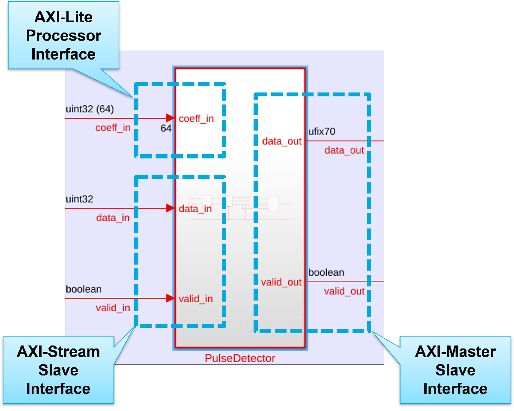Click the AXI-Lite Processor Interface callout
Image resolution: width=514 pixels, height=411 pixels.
pyautogui.click(x=63, y=36)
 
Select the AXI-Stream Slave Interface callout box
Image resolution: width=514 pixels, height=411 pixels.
pyautogui.click(x=58, y=370)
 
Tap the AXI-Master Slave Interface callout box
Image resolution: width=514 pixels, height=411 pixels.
pyautogui.click(x=455, y=370)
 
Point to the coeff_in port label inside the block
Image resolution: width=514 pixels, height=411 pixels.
pyautogui.click(x=196, y=119)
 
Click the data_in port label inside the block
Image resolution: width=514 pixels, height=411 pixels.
pyautogui.click(x=195, y=209)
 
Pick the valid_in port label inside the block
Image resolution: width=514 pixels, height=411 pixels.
pyautogui.click(x=196, y=298)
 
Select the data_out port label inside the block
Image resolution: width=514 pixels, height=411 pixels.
pyautogui.click(x=282, y=141)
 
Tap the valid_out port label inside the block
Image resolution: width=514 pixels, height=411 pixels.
pyautogui.click(x=281, y=282)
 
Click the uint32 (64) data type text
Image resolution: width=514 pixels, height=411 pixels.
pyautogui.click(x=90, y=109)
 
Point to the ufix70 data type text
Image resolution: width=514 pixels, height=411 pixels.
pyautogui.click(x=322, y=131)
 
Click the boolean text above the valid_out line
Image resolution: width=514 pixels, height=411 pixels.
pyautogui.click(x=326, y=272)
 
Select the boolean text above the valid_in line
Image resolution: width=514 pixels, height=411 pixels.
pyautogui.click(x=84, y=289)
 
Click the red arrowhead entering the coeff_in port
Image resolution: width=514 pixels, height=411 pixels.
pyautogui.click(x=170, y=118)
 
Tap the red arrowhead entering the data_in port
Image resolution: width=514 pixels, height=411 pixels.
pyautogui.click(x=170, y=208)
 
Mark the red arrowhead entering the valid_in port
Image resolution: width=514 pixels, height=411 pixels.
pyautogui.click(x=170, y=298)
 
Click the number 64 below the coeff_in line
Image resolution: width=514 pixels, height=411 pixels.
pyautogui.click(x=166, y=128)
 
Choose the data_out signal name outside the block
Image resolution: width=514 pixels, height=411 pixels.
pyautogui.click(x=344, y=150)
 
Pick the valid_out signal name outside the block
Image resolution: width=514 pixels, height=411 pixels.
pyautogui.click(x=344, y=292)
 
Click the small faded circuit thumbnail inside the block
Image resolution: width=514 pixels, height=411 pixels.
pyautogui.click(x=240, y=208)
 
